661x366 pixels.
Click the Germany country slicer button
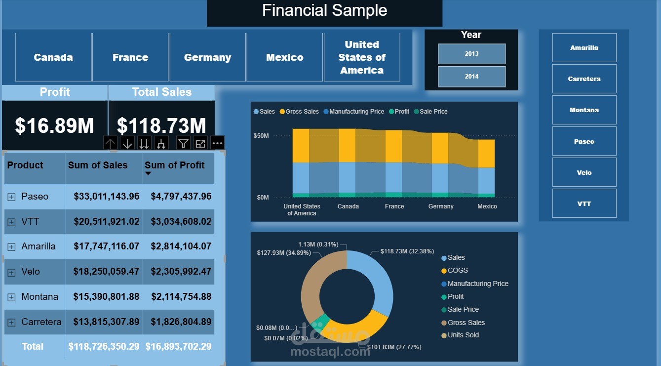coord(207,57)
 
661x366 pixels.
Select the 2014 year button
coord(471,77)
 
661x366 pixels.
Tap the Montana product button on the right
coord(584,110)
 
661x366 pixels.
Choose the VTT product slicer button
coord(584,203)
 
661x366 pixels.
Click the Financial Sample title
coord(324,10)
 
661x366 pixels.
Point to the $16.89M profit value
coord(54,126)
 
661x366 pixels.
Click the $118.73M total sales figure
coord(161,126)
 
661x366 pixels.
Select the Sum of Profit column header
coord(175,165)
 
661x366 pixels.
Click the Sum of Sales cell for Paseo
coord(106,197)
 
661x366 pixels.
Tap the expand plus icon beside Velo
coord(11,272)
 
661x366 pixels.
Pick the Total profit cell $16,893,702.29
coord(178,347)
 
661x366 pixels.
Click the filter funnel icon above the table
coord(183,143)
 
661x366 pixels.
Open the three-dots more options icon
coord(217,143)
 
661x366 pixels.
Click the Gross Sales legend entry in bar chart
coord(302,112)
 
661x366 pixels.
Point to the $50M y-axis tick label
coord(261,135)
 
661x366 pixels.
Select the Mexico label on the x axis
coord(487,206)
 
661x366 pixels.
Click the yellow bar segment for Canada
coord(347,145)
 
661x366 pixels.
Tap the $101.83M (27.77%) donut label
coord(394,347)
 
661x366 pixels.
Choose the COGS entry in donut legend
coord(457,271)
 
